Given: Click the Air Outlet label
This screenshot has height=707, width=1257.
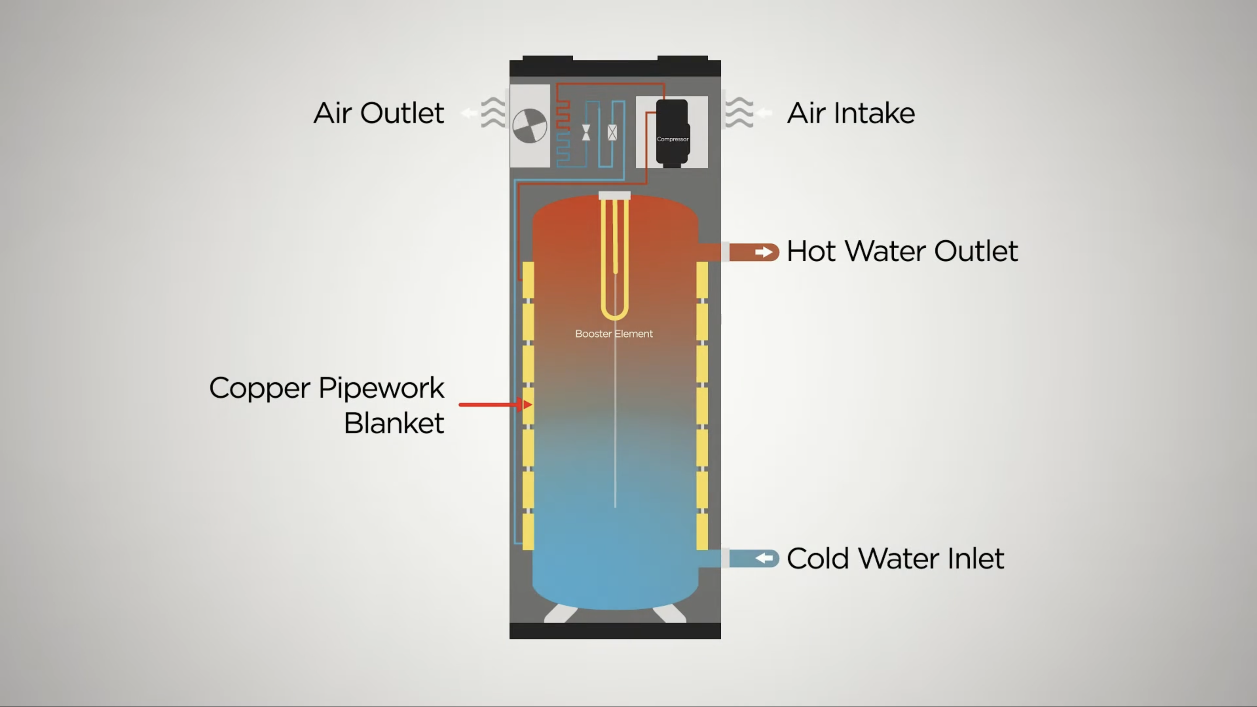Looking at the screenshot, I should click(379, 113).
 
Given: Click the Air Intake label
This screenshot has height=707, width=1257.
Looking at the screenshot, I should click(851, 113).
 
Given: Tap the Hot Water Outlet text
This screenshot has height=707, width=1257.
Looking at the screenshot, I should click(902, 252).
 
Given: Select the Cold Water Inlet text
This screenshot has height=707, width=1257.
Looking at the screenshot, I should click(895, 558).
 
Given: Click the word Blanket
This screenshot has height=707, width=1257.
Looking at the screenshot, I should click(394, 423).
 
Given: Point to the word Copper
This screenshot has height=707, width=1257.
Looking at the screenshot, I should click(260, 389).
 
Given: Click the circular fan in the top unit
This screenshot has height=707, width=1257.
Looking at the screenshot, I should click(530, 126).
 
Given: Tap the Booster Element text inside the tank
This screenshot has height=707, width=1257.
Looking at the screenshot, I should click(614, 334).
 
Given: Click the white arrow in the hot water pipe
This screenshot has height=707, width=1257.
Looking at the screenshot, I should click(764, 252).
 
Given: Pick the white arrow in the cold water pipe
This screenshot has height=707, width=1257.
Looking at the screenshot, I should click(764, 558).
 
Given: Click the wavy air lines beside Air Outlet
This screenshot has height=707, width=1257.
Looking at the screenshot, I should click(493, 113).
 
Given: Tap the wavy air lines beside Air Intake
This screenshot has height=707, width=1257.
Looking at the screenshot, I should click(739, 113).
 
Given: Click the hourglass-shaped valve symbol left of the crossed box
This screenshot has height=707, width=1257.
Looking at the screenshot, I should click(586, 132).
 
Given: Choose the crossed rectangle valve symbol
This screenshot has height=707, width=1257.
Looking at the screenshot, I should click(612, 132).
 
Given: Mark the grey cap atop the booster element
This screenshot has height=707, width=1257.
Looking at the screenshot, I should click(614, 195).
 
